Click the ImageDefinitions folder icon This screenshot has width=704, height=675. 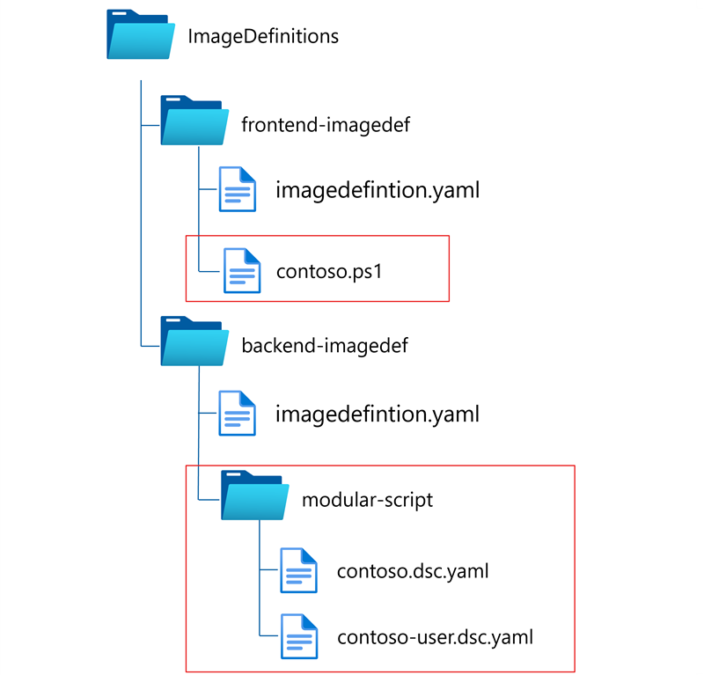(139, 37)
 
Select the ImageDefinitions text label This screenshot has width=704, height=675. (263, 37)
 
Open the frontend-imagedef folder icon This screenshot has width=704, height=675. (192, 123)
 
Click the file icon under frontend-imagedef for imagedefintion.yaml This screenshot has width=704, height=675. (237, 189)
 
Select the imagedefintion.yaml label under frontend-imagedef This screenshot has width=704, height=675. (378, 190)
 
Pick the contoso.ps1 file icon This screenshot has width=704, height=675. (241, 270)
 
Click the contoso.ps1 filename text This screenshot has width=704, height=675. (329, 271)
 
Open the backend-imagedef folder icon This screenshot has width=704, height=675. (192, 343)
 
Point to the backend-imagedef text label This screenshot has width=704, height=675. (325, 345)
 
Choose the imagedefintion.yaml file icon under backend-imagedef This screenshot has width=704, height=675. (237, 413)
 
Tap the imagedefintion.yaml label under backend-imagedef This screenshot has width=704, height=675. (378, 413)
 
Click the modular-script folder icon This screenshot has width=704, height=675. (254, 498)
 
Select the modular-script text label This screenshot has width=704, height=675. (368, 500)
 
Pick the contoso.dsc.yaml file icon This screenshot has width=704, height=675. (298, 570)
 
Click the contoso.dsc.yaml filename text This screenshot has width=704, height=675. (413, 571)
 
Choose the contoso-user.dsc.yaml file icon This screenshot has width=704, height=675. (298, 636)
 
